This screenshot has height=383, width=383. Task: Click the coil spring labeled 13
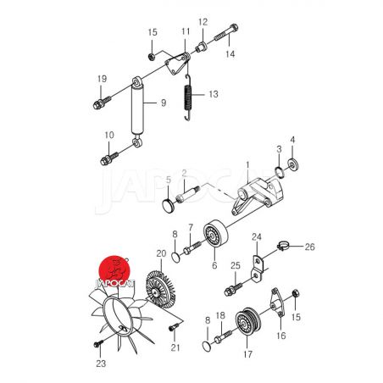point(188,97)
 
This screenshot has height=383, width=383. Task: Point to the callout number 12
point(203,22)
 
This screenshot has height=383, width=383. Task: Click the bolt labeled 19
point(102,103)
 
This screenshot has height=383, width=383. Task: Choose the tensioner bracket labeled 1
point(256,196)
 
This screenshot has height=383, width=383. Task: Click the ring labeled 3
point(280,172)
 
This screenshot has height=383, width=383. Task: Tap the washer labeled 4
point(293,165)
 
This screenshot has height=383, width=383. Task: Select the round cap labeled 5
point(169,205)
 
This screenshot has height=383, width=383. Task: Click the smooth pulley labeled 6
point(215,233)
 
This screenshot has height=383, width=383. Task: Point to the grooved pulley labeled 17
point(247,322)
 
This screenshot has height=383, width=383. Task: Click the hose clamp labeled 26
point(282,246)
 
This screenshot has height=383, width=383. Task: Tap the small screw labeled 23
point(98,344)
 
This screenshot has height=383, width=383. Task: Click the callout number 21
point(175,347)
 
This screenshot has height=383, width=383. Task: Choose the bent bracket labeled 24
point(258,269)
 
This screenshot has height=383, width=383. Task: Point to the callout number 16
point(281,336)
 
